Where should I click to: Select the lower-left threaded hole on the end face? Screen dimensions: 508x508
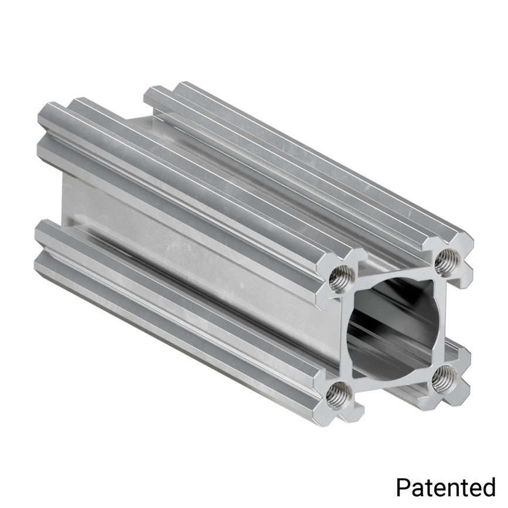[x=339, y=396]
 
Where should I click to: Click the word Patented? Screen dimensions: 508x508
[x=445, y=487]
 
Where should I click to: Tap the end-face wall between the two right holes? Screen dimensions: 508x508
[x=444, y=319]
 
